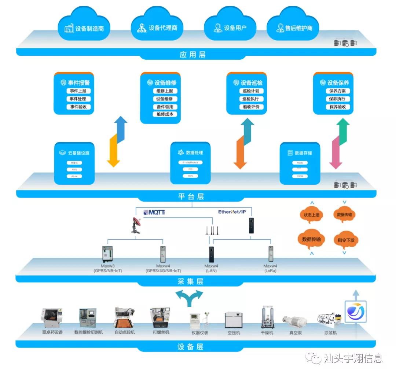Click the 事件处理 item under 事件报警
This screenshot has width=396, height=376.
click(78, 99)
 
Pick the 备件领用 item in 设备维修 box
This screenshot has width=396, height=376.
click(165, 107)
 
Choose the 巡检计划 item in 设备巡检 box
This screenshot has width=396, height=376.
click(251, 91)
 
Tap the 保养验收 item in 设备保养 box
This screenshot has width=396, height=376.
click(337, 107)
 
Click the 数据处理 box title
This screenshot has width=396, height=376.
click(191, 152)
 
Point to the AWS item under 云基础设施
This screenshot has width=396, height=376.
click(74, 169)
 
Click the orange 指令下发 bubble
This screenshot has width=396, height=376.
click(345, 240)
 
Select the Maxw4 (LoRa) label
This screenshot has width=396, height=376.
click(270, 268)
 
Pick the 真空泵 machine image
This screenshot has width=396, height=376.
click(295, 321)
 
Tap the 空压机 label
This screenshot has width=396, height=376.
click(233, 333)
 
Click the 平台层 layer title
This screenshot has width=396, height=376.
click(191, 196)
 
